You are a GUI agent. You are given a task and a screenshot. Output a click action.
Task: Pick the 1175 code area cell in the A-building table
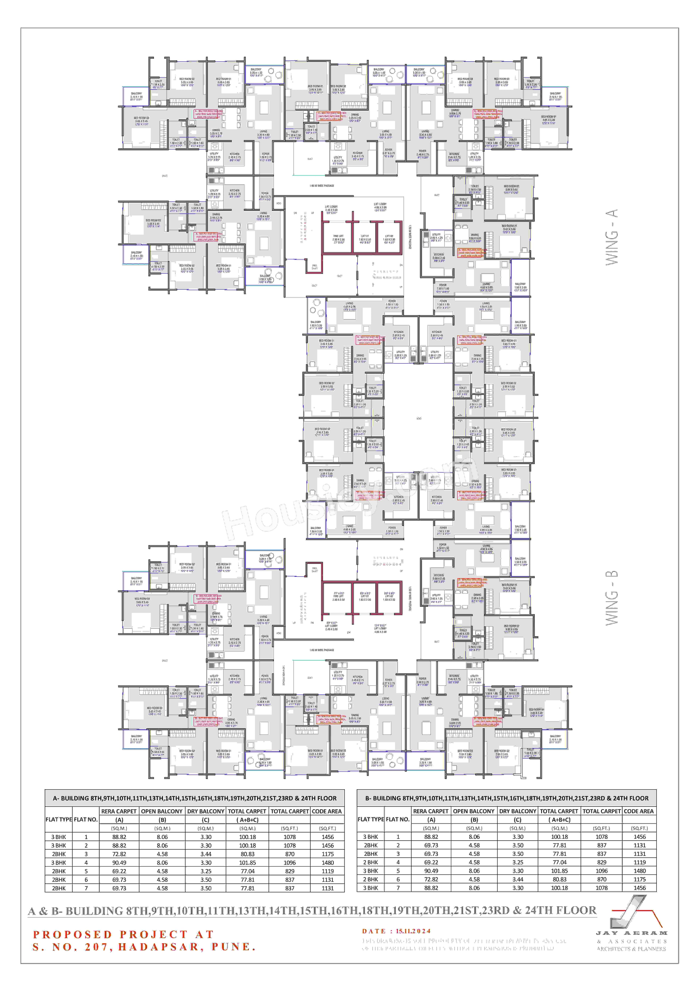[x=328, y=854]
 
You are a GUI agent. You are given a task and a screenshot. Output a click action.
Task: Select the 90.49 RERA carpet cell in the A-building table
[x=119, y=862]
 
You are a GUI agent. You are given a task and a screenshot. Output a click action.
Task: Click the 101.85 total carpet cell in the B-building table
[x=559, y=871]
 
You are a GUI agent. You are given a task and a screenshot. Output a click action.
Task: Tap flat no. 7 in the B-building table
[x=398, y=888]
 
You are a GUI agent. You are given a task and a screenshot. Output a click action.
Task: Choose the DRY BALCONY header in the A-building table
[x=205, y=811]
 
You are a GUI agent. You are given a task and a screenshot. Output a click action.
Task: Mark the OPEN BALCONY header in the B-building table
[x=474, y=811]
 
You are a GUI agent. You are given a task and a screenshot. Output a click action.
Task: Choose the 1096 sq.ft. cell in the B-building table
[x=602, y=871]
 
